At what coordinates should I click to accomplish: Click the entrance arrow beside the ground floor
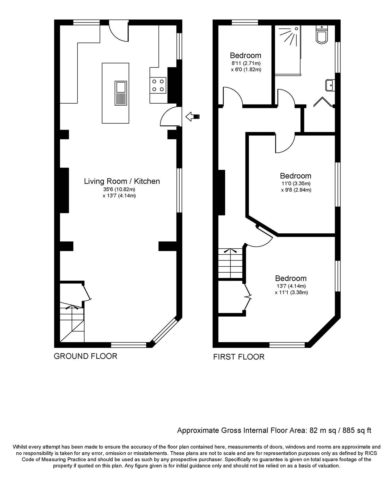pyautogui.click(x=193, y=117)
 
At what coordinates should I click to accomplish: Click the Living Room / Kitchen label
pyautogui.click(x=122, y=181)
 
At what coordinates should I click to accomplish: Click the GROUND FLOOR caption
pyautogui.click(x=85, y=356)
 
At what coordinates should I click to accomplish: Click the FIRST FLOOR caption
pyautogui.click(x=239, y=357)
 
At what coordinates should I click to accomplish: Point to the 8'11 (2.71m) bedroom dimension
pyautogui.click(x=246, y=63)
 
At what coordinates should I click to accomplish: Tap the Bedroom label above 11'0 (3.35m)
pyautogui.click(x=295, y=176)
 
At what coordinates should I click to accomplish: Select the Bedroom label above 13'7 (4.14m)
pyautogui.click(x=291, y=278)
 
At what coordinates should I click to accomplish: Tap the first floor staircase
pyautogui.click(x=231, y=263)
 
